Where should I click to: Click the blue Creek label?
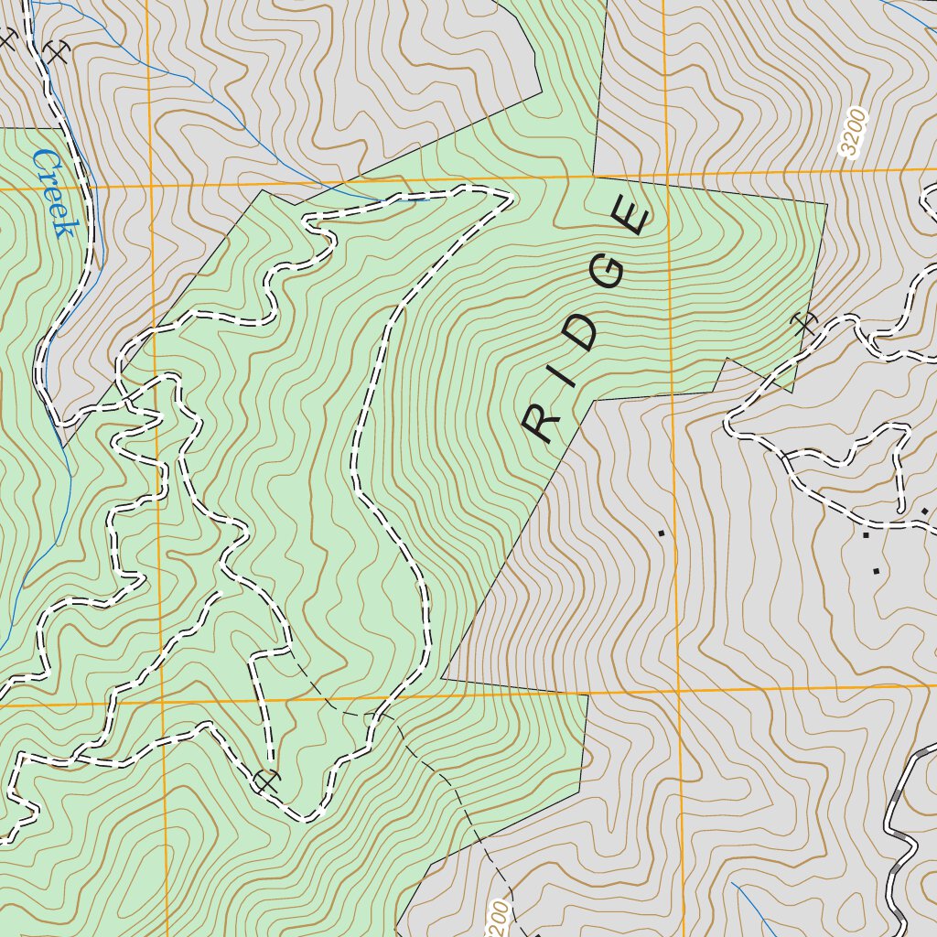click(x=52, y=193)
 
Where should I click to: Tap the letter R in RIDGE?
click(x=542, y=422)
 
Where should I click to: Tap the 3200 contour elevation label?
click(x=854, y=134)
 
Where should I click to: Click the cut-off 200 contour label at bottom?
click(x=498, y=915)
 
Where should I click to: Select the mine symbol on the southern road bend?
click(x=266, y=781)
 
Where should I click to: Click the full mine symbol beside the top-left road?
click(x=58, y=52)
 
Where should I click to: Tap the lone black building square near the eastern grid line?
click(x=661, y=531)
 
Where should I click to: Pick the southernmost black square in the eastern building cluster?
click(x=876, y=571)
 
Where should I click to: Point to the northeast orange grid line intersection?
click(x=667, y=174)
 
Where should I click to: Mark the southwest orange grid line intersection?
click(x=162, y=705)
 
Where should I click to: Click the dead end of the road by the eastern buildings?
click(x=901, y=509)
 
